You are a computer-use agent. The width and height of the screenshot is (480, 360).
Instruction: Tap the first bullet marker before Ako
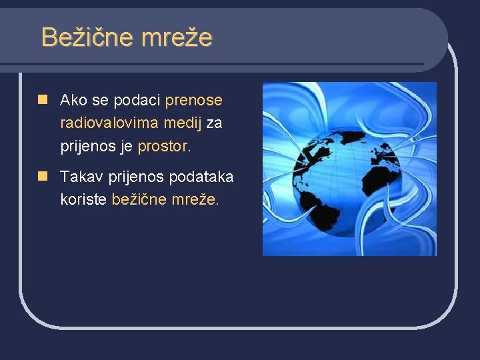point(43,100)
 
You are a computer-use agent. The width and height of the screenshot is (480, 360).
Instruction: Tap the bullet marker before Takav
point(43,176)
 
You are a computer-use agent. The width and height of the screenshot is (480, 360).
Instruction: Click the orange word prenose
point(193,101)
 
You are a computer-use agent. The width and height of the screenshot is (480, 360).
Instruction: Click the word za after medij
point(215,123)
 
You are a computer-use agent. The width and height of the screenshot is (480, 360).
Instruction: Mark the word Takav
point(79,177)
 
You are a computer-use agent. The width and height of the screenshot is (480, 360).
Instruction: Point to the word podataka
point(201,177)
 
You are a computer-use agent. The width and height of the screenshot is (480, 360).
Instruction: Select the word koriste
point(83,199)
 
